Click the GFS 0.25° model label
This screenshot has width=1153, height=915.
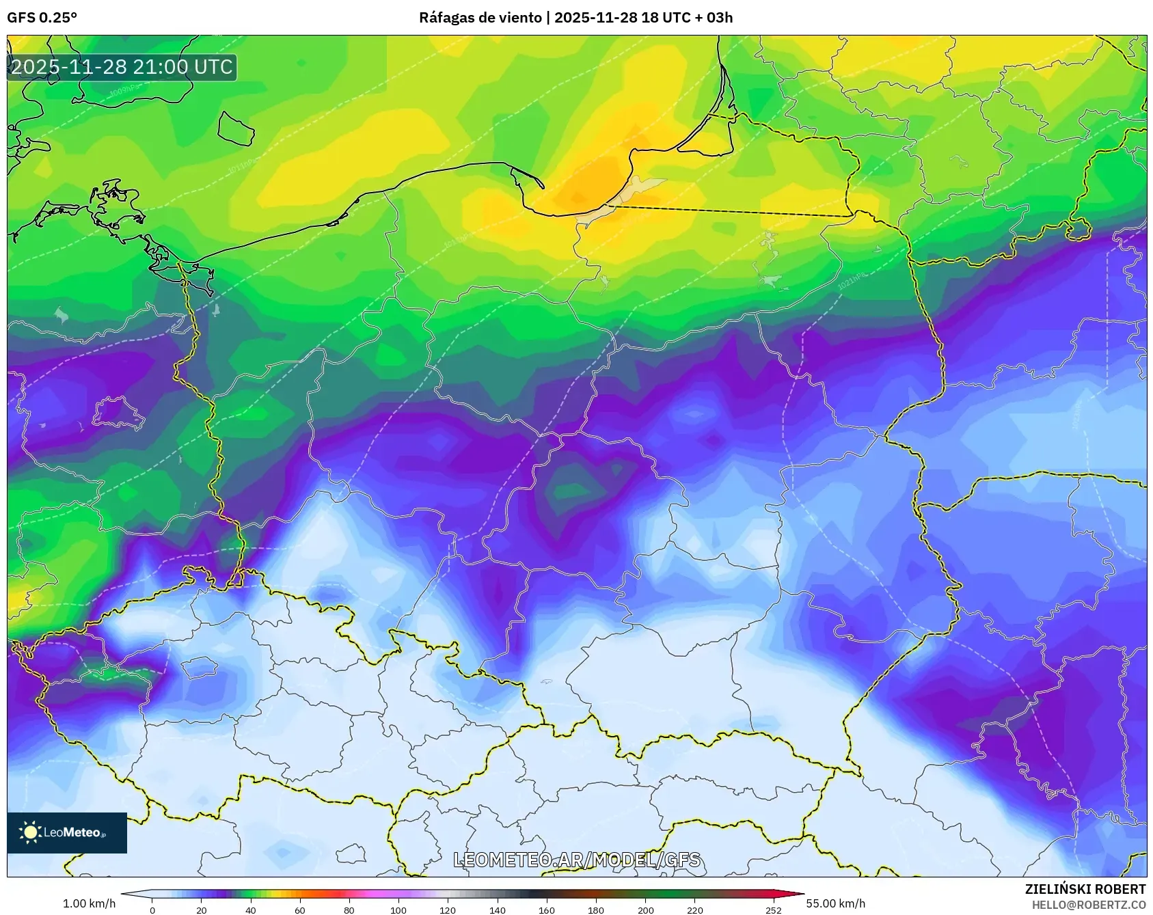click(x=42, y=18)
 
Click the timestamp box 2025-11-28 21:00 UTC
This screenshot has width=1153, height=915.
click(x=122, y=67)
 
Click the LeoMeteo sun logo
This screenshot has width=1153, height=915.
click(x=31, y=832)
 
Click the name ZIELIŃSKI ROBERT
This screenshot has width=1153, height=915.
click(x=1085, y=889)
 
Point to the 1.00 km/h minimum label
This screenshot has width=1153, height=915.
click(x=89, y=903)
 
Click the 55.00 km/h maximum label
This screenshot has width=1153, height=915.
click(x=835, y=903)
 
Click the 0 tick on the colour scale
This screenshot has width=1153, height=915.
click(x=152, y=910)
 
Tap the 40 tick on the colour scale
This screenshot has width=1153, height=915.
click(x=251, y=910)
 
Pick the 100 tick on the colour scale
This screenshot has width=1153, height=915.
click(x=398, y=910)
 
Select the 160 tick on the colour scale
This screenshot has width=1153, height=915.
click(x=547, y=910)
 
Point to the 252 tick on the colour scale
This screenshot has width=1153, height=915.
click(x=773, y=910)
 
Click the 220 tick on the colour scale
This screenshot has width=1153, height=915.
click(x=694, y=910)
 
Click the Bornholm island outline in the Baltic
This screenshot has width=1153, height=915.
click(x=236, y=128)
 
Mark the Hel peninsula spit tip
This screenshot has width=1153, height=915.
click(x=543, y=185)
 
